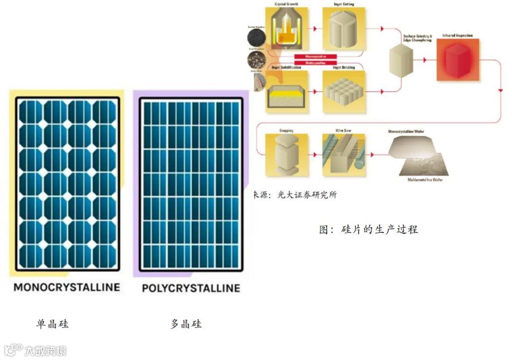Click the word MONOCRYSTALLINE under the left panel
tap(67, 287)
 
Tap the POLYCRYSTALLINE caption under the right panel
tap(191, 288)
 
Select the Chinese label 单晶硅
tap(52, 324)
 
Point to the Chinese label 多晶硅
tap(186, 324)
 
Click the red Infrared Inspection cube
tap(457, 59)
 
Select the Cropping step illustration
tap(286, 155)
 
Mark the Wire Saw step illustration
tap(344, 155)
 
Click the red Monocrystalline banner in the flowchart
tap(315, 56)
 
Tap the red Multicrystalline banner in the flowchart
tap(315, 62)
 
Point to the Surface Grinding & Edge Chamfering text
tap(417, 38)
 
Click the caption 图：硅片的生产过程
tap(368, 230)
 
